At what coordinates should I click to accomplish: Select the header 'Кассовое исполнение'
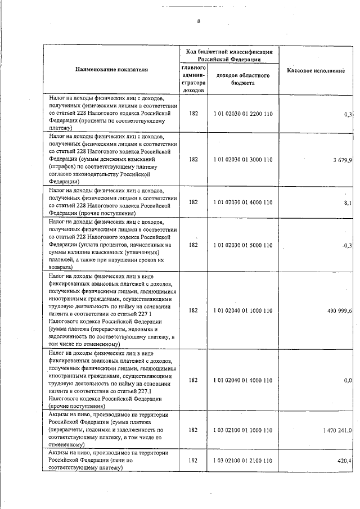click(x=316, y=71)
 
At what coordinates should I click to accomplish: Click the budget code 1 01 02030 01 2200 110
click(x=243, y=114)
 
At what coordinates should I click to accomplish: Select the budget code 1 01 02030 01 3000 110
click(x=243, y=159)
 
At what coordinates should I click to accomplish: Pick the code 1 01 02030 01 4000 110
click(x=243, y=202)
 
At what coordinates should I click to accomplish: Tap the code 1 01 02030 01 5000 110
click(x=243, y=245)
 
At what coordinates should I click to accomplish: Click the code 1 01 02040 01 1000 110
click(x=243, y=310)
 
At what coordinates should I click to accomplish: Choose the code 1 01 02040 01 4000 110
click(x=243, y=380)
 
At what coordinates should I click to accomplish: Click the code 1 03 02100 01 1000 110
click(x=243, y=430)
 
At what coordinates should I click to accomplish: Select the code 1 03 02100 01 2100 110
click(x=243, y=461)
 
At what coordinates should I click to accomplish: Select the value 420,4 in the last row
click(x=344, y=461)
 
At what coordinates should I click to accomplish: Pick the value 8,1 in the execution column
click(x=347, y=202)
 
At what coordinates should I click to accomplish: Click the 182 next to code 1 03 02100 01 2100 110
click(x=193, y=461)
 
